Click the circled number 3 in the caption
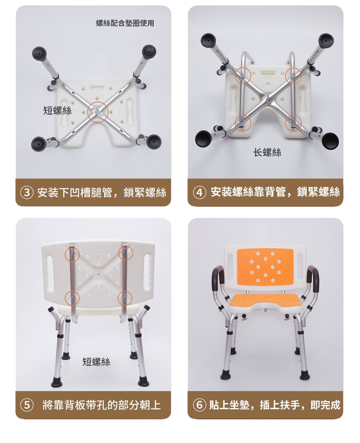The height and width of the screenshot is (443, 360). tap(27, 193)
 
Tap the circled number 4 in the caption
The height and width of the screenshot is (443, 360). tap(199, 193)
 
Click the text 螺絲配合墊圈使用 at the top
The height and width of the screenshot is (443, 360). tap(125, 23)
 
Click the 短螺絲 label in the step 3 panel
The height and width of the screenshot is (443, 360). tap(57, 110)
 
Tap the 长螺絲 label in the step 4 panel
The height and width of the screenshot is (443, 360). tap(267, 153)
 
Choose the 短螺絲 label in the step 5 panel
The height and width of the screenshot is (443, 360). tap(96, 362)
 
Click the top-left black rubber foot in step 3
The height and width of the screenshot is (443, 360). tap(39, 53)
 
